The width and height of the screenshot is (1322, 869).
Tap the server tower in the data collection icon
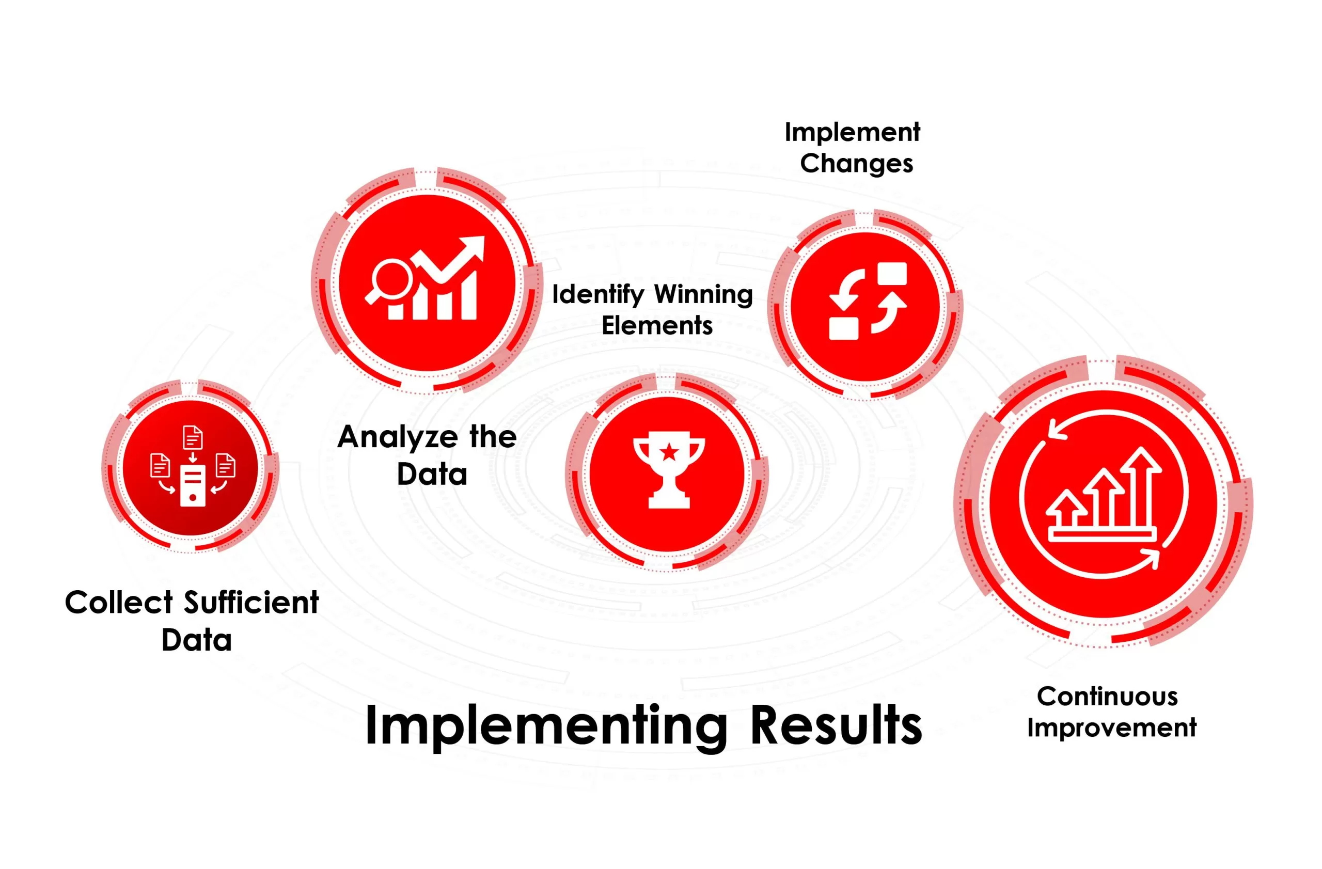click(193, 485)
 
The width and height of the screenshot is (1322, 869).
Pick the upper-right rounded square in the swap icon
click(891, 274)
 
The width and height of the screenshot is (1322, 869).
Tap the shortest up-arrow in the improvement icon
click(1066, 508)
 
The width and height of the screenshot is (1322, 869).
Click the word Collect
click(119, 603)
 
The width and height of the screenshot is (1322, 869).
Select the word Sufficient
click(251, 603)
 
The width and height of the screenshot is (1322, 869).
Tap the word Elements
click(656, 326)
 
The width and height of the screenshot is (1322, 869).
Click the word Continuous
click(1107, 697)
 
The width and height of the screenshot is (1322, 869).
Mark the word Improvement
click(1111, 728)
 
